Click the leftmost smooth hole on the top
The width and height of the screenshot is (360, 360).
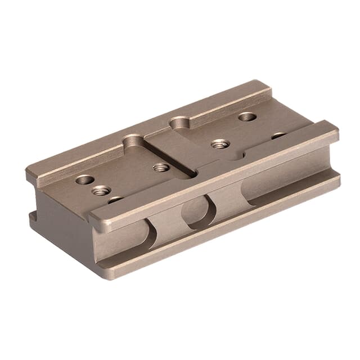(84, 180)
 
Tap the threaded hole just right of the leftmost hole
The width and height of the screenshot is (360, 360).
(101, 191)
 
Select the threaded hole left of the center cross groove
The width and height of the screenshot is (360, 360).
(161, 167)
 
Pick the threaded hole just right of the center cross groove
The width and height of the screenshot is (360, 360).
(220, 144)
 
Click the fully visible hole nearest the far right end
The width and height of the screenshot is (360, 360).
(247, 117)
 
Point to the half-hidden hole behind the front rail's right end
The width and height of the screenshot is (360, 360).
(278, 136)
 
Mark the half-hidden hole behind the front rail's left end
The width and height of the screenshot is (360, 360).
(115, 199)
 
